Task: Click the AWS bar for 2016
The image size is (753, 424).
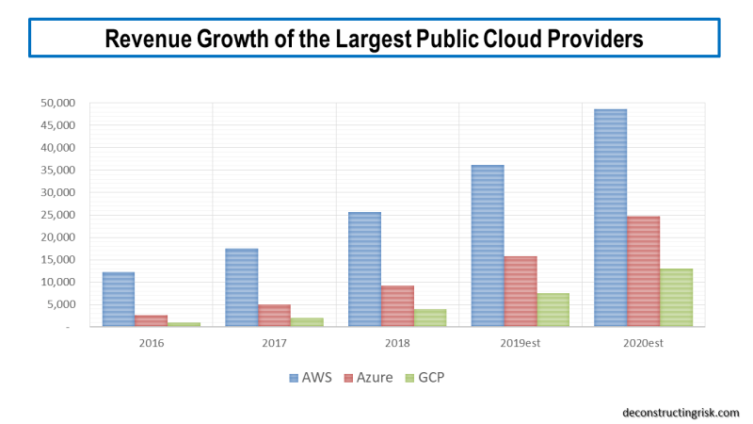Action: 119,300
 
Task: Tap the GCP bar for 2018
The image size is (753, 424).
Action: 429,318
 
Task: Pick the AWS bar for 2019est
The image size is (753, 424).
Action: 488,246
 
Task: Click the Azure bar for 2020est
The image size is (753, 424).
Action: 643,271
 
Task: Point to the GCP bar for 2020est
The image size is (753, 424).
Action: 676,298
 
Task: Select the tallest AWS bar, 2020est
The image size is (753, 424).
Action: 610,218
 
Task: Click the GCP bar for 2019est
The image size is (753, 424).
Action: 553,310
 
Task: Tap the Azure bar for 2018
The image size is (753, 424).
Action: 397,306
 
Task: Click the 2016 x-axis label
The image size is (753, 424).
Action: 151,343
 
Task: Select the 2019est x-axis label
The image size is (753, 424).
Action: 520,343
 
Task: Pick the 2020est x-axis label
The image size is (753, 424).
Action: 643,343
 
